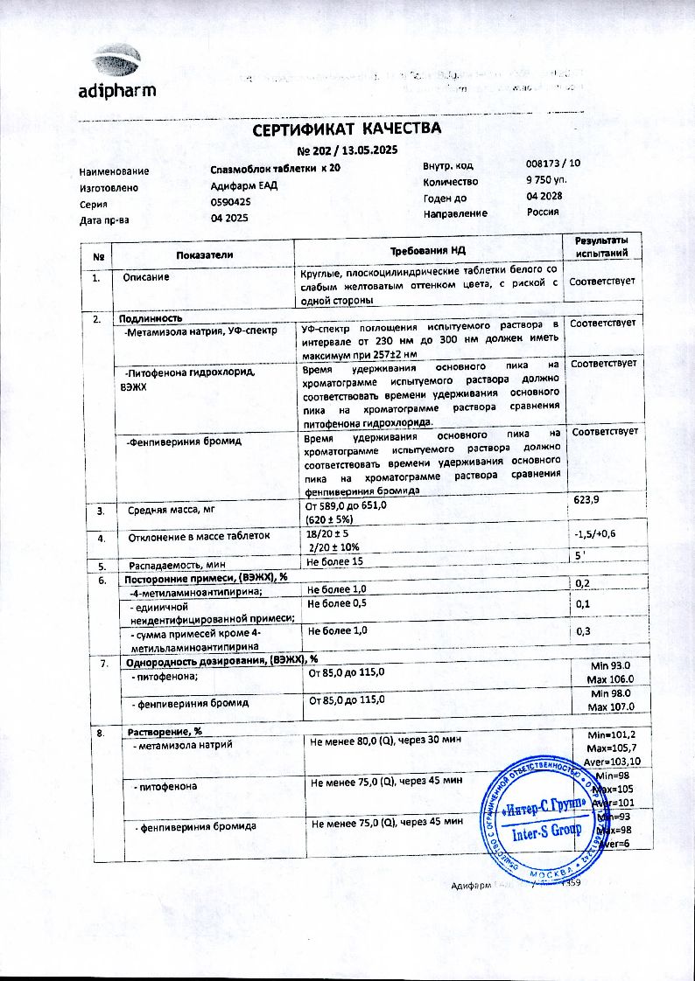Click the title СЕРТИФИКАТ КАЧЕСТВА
click(347, 129)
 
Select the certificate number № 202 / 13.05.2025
click(347, 150)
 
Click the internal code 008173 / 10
click(552, 164)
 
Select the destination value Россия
click(543, 212)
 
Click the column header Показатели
click(205, 254)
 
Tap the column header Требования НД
click(429, 251)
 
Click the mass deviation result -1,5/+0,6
click(595, 534)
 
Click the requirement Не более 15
click(334, 560)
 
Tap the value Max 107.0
click(611, 706)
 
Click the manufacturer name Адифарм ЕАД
click(244, 185)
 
